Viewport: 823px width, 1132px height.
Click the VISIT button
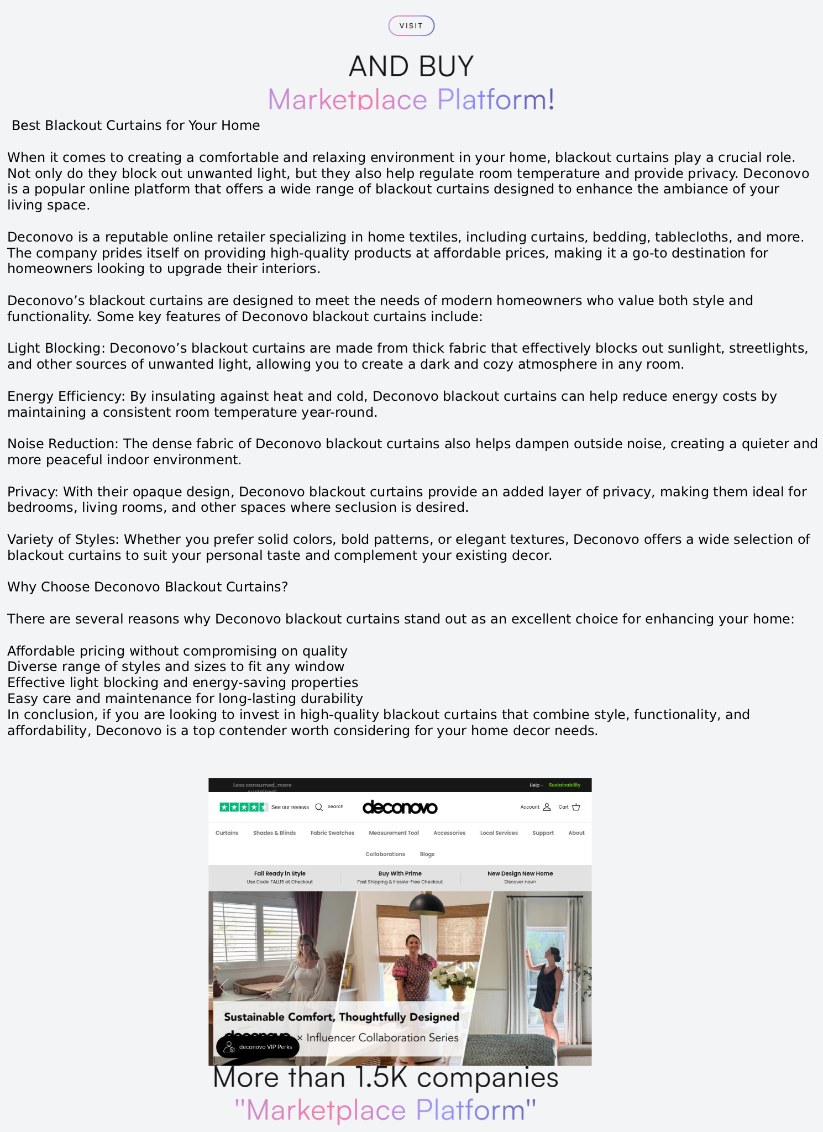tap(411, 26)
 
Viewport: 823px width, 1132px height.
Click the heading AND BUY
tap(411, 66)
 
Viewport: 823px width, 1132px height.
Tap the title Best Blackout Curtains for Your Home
tap(135, 125)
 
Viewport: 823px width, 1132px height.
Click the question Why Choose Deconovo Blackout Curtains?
tap(148, 587)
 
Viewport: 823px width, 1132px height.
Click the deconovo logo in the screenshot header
tap(400, 808)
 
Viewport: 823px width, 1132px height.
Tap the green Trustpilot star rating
tap(243, 807)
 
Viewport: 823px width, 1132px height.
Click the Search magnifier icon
tap(319, 807)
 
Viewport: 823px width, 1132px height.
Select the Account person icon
tap(547, 807)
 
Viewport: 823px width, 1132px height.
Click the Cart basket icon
tap(576, 807)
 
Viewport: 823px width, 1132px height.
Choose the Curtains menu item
tap(227, 833)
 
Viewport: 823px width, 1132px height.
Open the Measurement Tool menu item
tap(394, 833)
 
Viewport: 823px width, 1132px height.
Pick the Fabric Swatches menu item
tap(332, 833)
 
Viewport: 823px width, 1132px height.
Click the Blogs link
tap(427, 854)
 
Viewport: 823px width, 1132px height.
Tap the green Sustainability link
tap(564, 785)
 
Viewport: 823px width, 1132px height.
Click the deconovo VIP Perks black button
tap(258, 1047)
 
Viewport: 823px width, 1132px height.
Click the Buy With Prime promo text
tap(400, 873)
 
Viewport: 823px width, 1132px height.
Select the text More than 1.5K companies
tap(385, 1078)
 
